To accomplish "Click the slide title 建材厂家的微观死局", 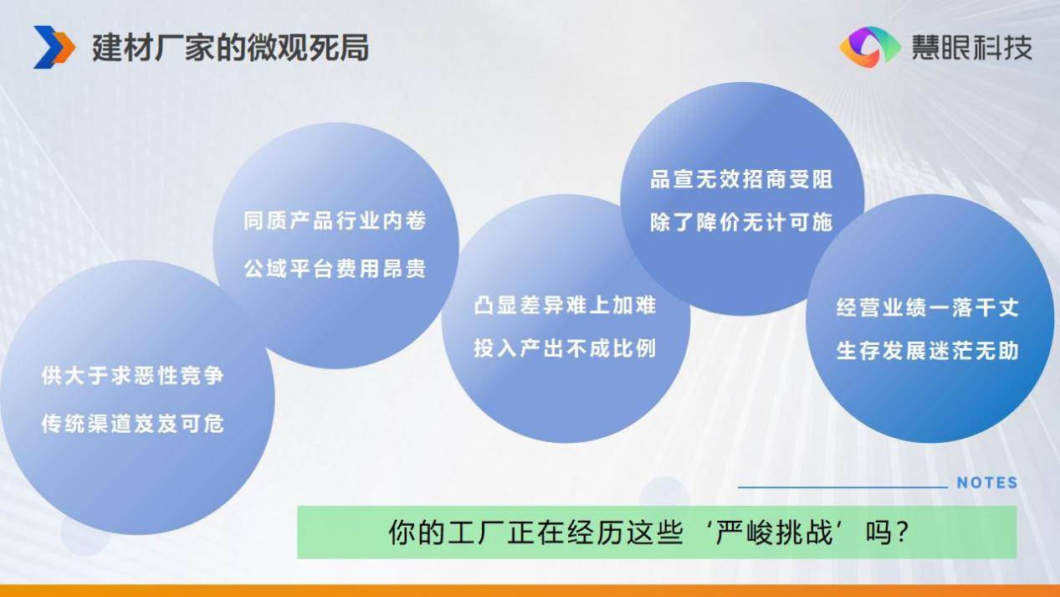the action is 230,48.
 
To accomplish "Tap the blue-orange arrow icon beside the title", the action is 54,47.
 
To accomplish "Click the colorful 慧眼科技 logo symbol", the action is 870,47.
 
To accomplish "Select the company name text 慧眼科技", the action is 972,48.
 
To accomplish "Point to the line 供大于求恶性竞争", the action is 132,376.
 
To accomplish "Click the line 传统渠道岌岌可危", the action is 132,423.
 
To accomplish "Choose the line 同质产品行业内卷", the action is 335,220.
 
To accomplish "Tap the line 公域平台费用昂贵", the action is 335,269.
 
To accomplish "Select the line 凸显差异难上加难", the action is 565,306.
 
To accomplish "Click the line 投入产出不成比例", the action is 565,348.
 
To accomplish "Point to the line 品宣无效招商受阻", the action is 741,179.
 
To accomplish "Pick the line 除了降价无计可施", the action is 741,223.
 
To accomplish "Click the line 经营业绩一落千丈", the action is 928,308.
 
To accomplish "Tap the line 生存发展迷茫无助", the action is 928,351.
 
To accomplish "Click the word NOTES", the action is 987,482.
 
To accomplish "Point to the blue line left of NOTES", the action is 842,486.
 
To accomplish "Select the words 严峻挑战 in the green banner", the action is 774,533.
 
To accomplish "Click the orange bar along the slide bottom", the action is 530,591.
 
